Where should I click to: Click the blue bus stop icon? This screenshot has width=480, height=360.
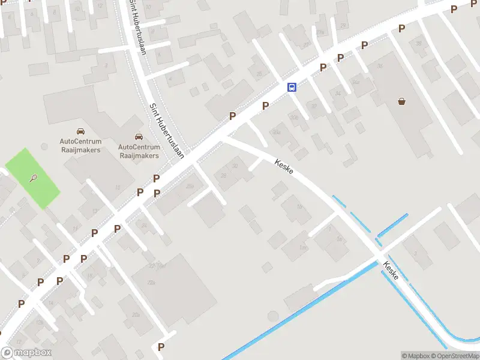[x=292, y=87]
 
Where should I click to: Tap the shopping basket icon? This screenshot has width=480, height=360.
[x=401, y=101]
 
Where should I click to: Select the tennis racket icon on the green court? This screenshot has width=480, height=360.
[x=34, y=178]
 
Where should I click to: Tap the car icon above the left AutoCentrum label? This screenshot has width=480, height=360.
[x=80, y=131]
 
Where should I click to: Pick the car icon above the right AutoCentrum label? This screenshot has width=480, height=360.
[x=139, y=136]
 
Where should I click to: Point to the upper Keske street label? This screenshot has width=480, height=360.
[x=284, y=167]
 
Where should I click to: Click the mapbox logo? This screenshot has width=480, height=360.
[x=26, y=353]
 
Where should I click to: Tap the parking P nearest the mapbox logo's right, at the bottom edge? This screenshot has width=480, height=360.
[x=161, y=347]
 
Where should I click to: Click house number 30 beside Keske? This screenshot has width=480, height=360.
[x=235, y=166]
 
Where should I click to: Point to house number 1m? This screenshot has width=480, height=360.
[x=303, y=247]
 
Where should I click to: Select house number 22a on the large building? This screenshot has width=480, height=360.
[x=151, y=282]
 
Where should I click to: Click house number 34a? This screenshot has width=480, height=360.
[x=356, y=82]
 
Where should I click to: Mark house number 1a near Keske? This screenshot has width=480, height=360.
[x=339, y=239]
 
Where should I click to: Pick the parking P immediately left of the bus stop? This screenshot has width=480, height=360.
[x=265, y=105]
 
